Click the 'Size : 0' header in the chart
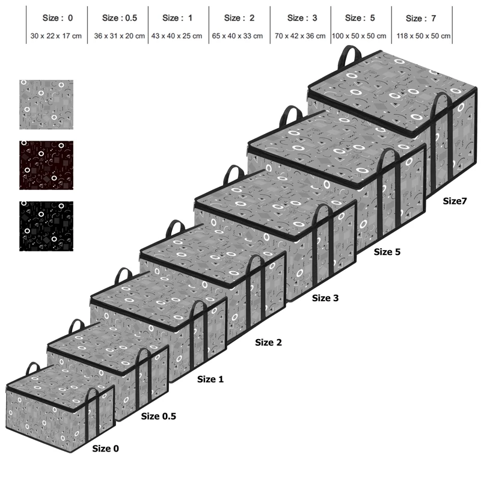pyautogui.click(x=58, y=18)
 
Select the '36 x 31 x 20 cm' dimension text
pyautogui.click(x=119, y=36)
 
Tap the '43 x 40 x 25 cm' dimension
pyautogui.click(x=177, y=36)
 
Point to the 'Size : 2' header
pyautogui.click(x=239, y=18)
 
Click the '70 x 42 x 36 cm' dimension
pyautogui.click(x=300, y=36)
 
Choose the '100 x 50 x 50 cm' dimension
pyautogui.click(x=359, y=36)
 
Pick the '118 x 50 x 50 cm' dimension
pyautogui.click(x=423, y=36)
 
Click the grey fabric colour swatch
pyautogui.click(x=46, y=105)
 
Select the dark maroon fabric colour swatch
pyautogui.click(x=46, y=165)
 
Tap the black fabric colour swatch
pyautogui.click(x=46, y=227)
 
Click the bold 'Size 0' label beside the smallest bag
pyautogui.click(x=106, y=449)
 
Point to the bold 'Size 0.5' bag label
pyautogui.click(x=159, y=416)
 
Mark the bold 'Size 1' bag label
pyautogui.click(x=210, y=379)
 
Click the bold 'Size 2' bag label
pyautogui.click(x=268, y=342)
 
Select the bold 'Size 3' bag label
pyautogui.click(x=325, y=298)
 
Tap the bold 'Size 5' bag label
pyautogui.click(x=387, y=252)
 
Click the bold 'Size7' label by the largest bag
pyautogui.click(x=455, y=201)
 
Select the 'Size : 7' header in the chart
pyautogui.click(x=421, y=19)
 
